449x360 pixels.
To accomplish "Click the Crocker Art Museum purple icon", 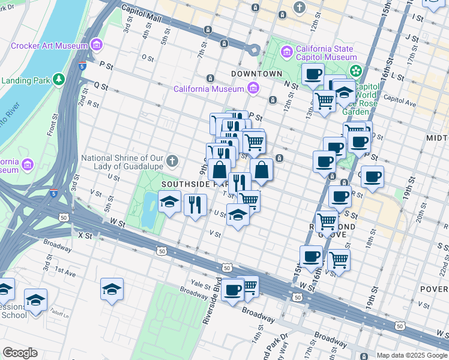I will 96,45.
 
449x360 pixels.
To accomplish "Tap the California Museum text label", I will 208,89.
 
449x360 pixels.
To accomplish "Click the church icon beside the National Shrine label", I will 173,160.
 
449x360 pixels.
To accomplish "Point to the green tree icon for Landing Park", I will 59,79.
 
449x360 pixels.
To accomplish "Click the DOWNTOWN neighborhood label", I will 257,73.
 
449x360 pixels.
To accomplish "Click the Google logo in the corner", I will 20,353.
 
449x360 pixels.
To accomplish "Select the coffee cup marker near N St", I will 312,74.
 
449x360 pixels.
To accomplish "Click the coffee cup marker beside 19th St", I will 372,176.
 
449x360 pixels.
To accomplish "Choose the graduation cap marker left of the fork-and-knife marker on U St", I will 170,202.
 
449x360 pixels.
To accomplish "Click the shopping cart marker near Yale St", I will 249,287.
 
